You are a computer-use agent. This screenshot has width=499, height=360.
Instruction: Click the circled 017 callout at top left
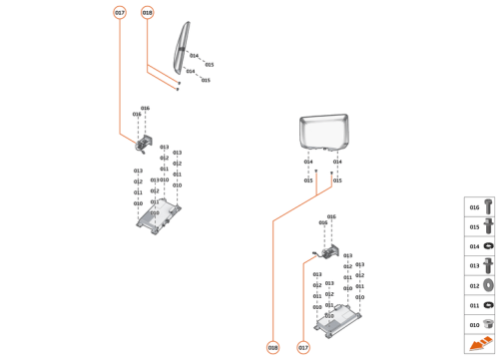pyautogui.click(x=120, y=13)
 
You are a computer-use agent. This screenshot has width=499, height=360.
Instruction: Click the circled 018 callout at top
pyautogui.click(x=148, y=13)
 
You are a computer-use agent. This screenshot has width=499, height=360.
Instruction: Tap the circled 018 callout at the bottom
pyautogui.click(x=272, y=347)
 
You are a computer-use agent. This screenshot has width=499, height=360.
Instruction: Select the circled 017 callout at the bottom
pyautogui.click(x=303, y=347)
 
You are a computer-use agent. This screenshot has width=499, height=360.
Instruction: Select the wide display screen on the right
pyautogui.click(x=327, y=133)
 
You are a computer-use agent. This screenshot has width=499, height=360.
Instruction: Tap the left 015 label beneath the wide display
pyautogui.click(x=308, y=180)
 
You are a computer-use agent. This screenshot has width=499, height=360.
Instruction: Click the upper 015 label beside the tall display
pyautogui.click(x=209, y=64)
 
